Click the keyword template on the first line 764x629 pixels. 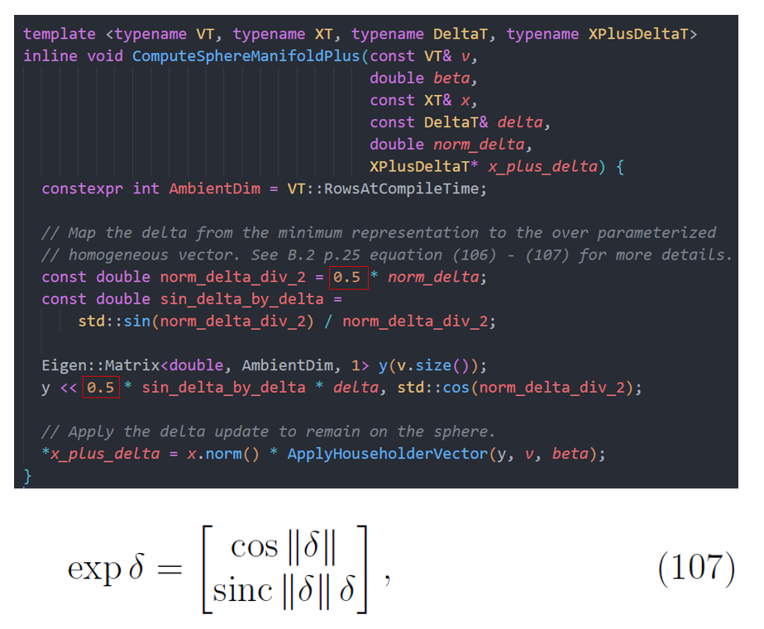[60, 35]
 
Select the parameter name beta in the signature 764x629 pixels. [451, 79]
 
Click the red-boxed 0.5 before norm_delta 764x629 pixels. [347, 277]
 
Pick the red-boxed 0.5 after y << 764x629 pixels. [101, 387]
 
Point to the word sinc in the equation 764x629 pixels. [242, 590]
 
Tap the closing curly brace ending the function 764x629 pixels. [28, 475]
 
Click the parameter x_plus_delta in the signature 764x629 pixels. [542, 166]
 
